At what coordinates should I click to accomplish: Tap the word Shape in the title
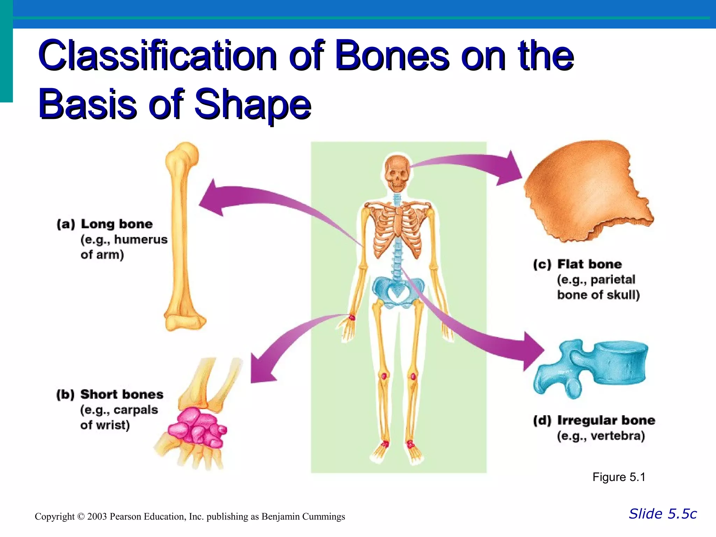point(252,104)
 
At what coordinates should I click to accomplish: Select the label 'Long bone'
point(116,224)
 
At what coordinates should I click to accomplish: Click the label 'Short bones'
point(122,394)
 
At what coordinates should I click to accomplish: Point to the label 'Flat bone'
point(589,264)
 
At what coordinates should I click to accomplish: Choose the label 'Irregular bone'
point(606,420)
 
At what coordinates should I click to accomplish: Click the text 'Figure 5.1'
point(618,477)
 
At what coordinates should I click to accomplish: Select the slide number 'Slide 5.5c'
point(663,514)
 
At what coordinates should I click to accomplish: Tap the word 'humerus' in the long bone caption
point(141,239)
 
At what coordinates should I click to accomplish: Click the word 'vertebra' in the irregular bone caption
point(617,436)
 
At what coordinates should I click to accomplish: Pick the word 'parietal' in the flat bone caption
point(613,280)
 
